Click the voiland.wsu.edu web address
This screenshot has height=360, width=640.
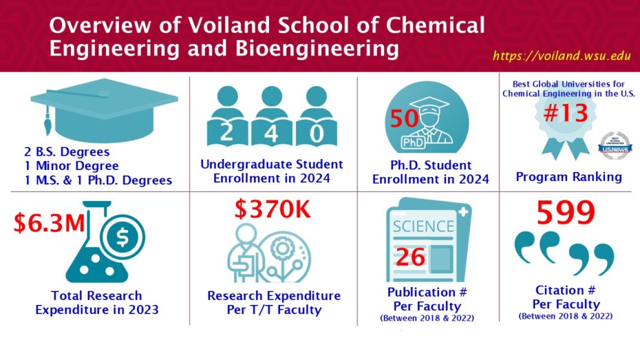pos(562,56)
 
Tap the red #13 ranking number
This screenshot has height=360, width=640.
pos(565,112)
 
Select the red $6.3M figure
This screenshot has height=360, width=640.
pos(50,223)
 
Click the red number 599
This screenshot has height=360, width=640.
pos(566,213)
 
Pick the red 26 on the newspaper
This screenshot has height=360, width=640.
pos(411,257)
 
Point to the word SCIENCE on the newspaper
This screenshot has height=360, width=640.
pos(423,226)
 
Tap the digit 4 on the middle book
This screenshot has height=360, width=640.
pos(272,134)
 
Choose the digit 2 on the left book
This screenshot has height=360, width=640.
pos(226,134)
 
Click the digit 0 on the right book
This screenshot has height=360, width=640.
pos(317,134)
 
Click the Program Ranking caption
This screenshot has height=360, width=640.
pos(569,176)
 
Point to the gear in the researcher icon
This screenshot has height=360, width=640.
pos(283,248)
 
